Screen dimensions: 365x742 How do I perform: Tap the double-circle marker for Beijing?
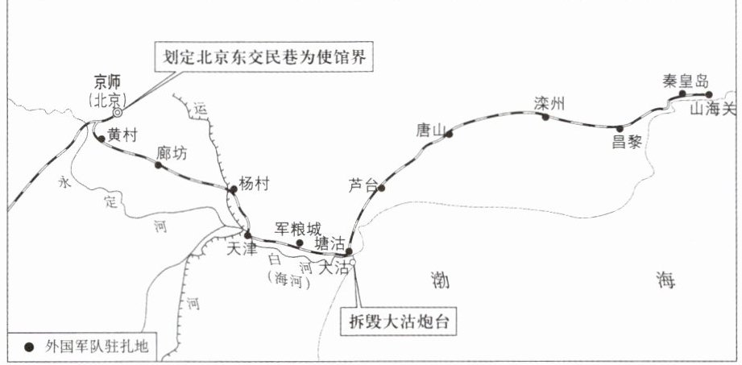[x=117, y=114]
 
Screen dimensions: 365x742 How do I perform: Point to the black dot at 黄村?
[x=100, y=138]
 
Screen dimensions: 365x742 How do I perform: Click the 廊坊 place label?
[x=173, y=153]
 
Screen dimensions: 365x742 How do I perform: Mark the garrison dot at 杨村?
[x=233, y=190]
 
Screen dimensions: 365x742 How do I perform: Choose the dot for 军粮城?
[x=300, y=243]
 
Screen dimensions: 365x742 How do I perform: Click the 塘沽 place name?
[x=331, y=243]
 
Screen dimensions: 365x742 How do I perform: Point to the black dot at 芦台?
[x=382, y=189]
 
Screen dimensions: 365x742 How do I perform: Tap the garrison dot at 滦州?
[x=545, y=117]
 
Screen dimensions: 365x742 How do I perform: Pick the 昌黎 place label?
[x=626, y=142]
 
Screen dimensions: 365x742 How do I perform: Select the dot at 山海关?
[x=708, y=94]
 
